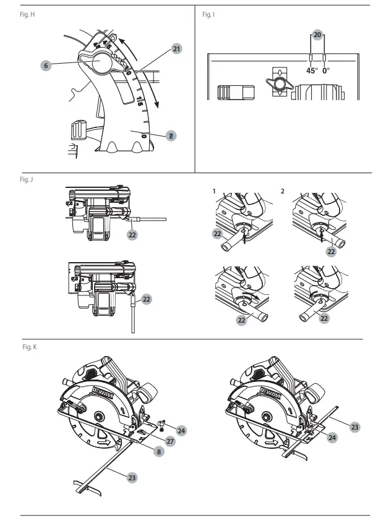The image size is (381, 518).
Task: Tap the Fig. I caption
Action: [208, 14]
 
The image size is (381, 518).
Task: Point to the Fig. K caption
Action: [30, 348]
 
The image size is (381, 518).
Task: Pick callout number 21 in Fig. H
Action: [176, 48]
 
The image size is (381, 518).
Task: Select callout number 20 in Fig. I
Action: [317, 35]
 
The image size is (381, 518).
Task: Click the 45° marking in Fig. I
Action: [312, 70]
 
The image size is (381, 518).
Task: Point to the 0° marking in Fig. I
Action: [326, 70]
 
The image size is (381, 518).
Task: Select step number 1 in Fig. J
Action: [213, 191]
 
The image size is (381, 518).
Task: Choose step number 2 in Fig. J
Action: [283, 191]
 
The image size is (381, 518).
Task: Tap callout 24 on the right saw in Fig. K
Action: [332, 438]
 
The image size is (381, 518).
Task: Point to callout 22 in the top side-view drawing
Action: [132, 235]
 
